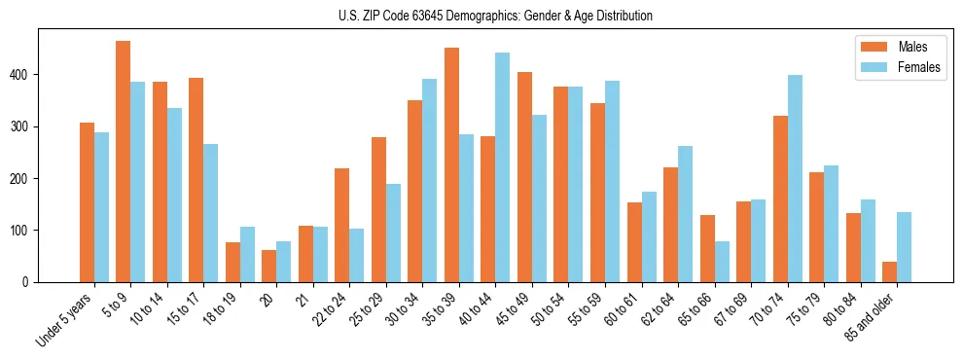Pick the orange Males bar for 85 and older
[x=889, y=271]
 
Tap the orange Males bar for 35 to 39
[x=451, y=164]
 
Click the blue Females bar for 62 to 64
[x=685, y=214]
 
